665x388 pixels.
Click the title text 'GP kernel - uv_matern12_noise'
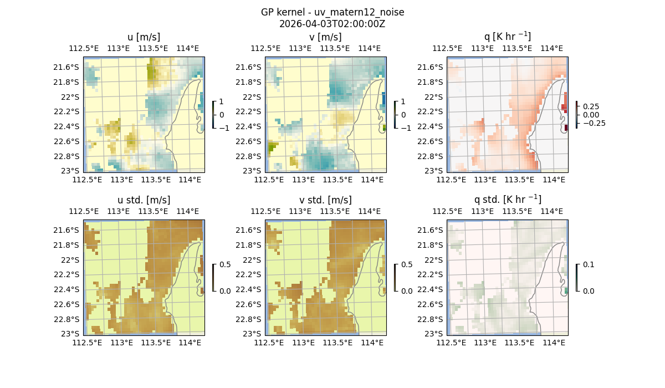332,12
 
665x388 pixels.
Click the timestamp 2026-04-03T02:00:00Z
332,24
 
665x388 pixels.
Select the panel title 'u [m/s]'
144,37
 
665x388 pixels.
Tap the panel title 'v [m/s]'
325,37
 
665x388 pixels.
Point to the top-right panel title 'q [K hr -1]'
507,37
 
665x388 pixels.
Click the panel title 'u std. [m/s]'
144,200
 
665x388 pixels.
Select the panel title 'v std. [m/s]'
325,200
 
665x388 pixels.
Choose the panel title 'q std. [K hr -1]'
507,200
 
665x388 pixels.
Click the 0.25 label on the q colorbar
591,106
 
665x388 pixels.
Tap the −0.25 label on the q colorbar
594,123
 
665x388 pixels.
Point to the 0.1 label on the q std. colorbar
587,264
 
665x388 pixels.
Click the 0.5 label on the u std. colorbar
225,264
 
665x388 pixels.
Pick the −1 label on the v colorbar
406,128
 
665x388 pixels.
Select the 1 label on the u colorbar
222,101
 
